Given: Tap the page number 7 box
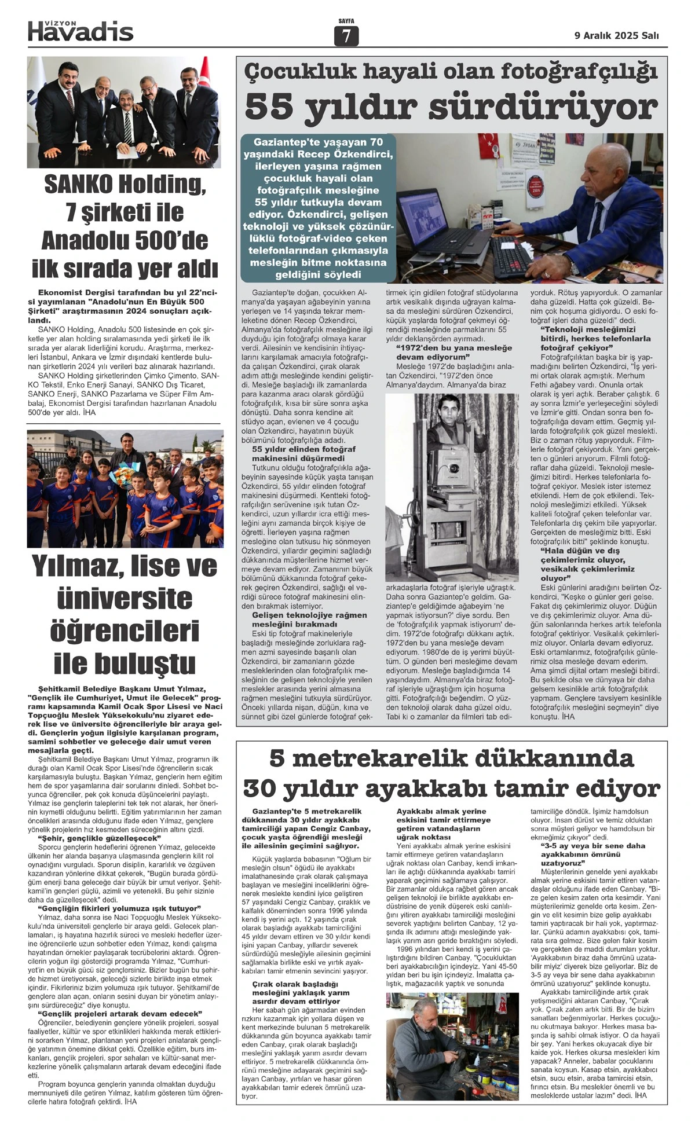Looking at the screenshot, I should click(x=346, y=36).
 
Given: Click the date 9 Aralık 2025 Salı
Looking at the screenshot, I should click(x=616, y=35).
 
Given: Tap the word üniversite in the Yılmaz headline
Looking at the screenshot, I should click(x=124, y=599).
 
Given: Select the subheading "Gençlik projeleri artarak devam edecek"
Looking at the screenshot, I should click(x=119, y=1014).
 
